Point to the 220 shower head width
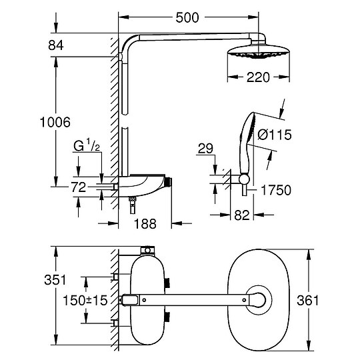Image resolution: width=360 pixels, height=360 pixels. pyautogui.click(x=257, y=77)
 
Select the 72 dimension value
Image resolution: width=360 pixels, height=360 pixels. pyautogui.click(x=79, y=188)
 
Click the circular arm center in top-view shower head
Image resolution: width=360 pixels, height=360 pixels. pyautogui.click(x=257, y=300)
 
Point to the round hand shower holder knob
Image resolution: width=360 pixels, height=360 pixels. pyautogui.click(x=245, y=178)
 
